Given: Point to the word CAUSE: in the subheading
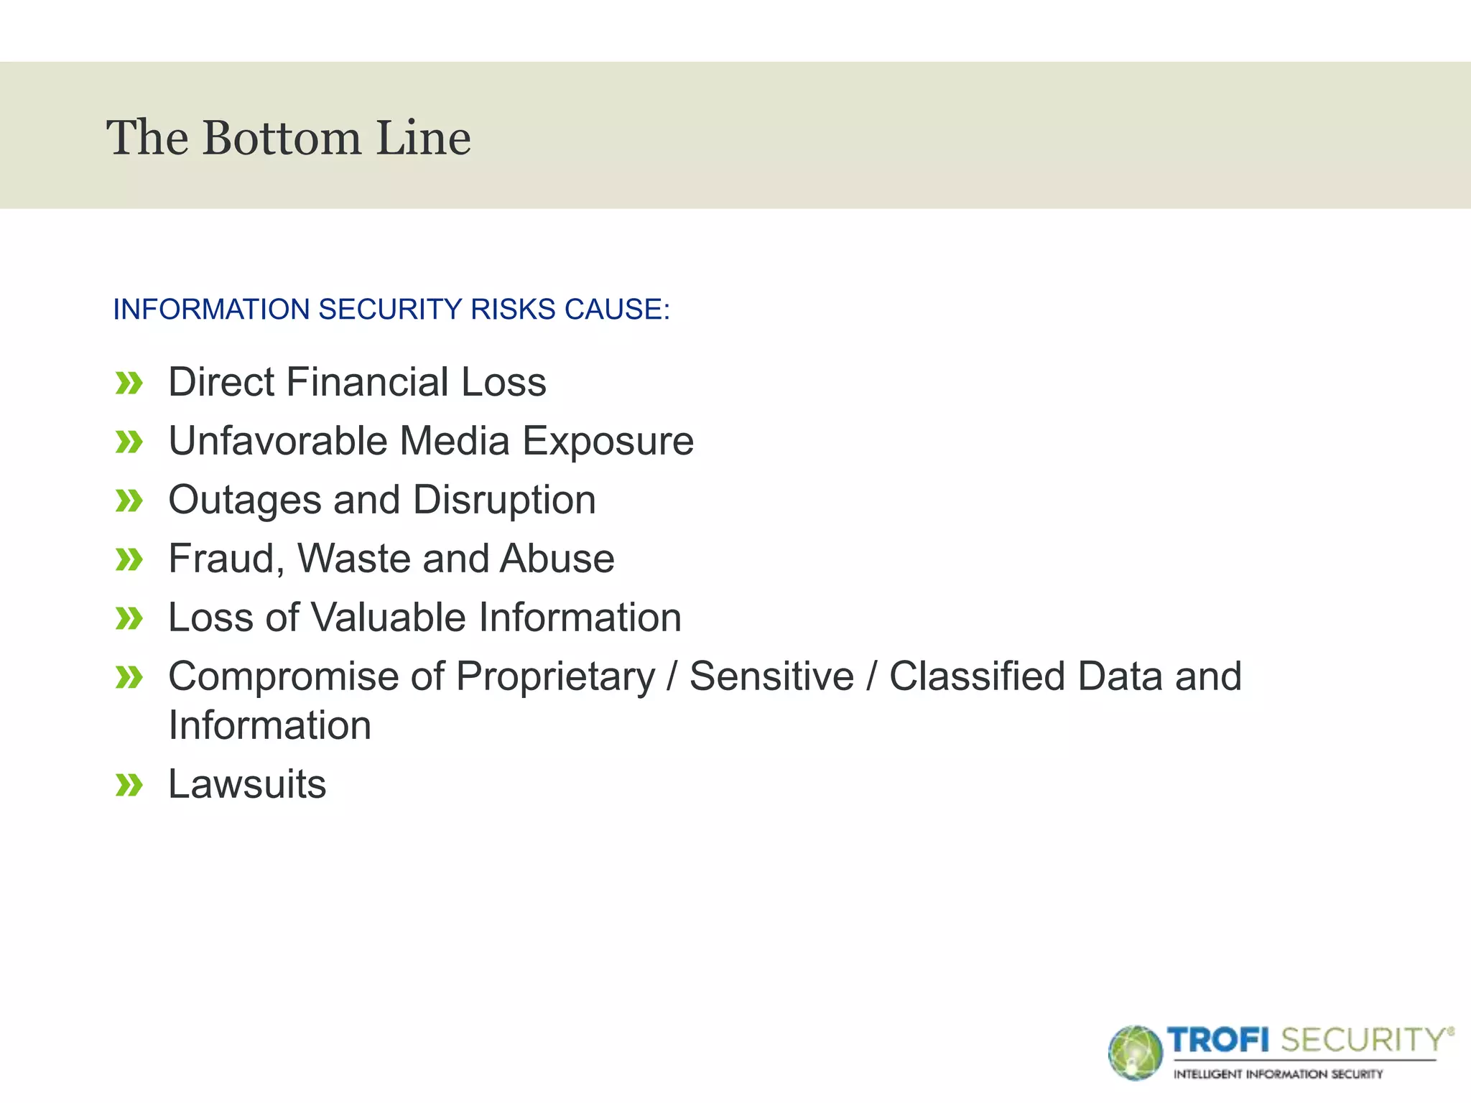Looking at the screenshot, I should pyautogui.click(x=617, y=310).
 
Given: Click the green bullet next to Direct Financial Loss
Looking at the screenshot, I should pyautogui.click(x=129, y=383).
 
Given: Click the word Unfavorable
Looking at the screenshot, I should pyautogui.click(x=278, y=440).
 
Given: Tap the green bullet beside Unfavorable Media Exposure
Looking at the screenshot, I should pyautogui.click(x=129, y=442).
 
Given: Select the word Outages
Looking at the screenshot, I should pyautogui.click(x=244, y=501).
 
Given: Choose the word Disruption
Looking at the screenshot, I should pyautogui.click(x=504, y=501).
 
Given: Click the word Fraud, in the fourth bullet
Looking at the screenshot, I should pyautogui.click(x=226, y=559).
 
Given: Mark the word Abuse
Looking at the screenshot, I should pyautogui.click(x=557, y=559).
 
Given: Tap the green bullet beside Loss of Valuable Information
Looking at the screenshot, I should pyautogui.click(x=129, y=618).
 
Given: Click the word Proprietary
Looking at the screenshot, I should pyautogui.click(x=555, y=677).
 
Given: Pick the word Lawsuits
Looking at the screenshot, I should pyautogui.click(x=247, y=783).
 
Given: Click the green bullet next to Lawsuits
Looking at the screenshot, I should pyautogui.click(x=129, y=785).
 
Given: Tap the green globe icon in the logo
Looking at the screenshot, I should pyautogui.click(x=1135, y=1053).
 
